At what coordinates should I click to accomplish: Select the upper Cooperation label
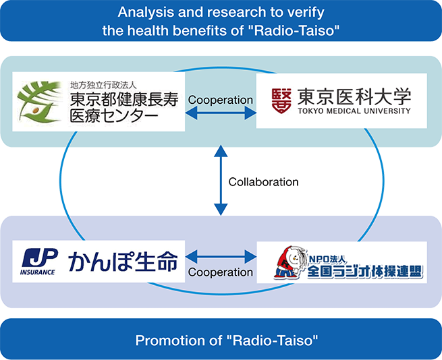pos(221,100)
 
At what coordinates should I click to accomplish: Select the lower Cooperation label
pos(221,272)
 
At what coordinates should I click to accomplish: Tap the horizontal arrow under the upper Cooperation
pos(221,114)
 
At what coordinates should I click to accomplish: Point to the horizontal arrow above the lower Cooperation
pos(221,256)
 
